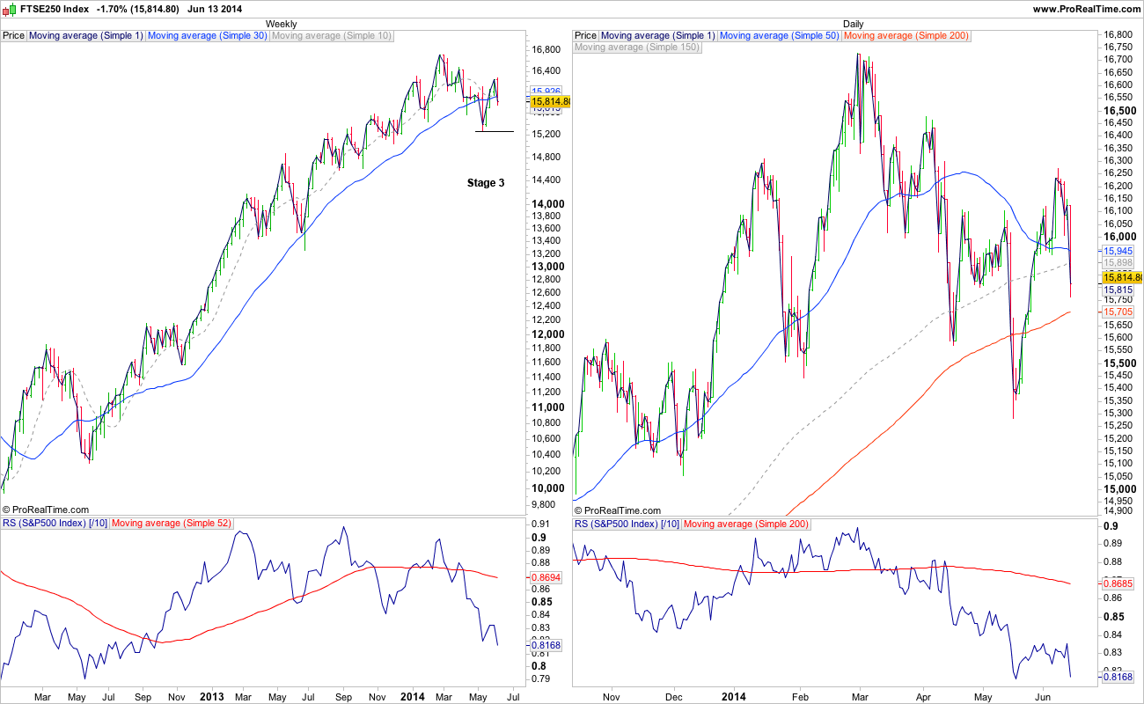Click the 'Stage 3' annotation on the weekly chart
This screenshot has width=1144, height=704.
point(486,183)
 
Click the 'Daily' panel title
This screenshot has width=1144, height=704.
point(853,24)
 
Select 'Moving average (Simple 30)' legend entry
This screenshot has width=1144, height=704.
point(208,36)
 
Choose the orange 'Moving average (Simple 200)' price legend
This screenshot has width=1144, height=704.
point(906,36)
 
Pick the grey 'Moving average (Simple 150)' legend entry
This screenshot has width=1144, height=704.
point(638,48)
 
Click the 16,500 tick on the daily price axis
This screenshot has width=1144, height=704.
point(1118,111)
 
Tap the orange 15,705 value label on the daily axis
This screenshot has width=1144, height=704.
point(1117,312)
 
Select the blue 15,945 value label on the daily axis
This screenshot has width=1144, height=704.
point(1117,251)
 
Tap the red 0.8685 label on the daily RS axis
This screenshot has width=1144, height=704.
point(1118,583)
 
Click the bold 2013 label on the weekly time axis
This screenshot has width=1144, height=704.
point(212,696)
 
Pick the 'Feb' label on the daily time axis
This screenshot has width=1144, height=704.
point(800,696)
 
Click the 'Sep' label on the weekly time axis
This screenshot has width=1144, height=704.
point(143,696)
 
